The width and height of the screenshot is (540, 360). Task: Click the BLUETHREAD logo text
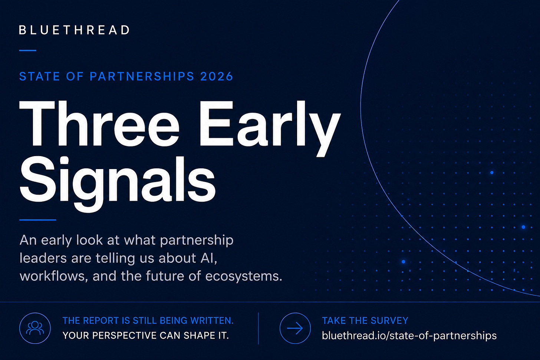(x=75, y=30)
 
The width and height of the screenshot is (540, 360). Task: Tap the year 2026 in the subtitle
(x=217, y=76)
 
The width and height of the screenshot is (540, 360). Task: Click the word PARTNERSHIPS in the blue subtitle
(x=142, y=76)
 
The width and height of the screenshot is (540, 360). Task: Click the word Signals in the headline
(x=118, y=184)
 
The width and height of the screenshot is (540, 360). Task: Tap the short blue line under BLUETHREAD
(x=28, y=50)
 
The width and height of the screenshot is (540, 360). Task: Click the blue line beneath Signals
(x=37, y=220)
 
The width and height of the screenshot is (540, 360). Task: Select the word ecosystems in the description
(x=244, y=276)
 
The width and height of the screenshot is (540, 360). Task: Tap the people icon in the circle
(x=35, y=328)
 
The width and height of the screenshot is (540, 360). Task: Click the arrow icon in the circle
(x=295, y=328)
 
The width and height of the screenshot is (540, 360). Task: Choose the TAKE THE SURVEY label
(x=365, y=320)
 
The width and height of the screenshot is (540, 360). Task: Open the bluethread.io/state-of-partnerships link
(x=409, y=336)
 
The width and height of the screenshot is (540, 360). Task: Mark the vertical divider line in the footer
(x=258, y=328)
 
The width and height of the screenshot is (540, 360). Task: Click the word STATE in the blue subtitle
(x=39, y=76)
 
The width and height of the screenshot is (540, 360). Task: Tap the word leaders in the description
(x=43, y=258)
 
